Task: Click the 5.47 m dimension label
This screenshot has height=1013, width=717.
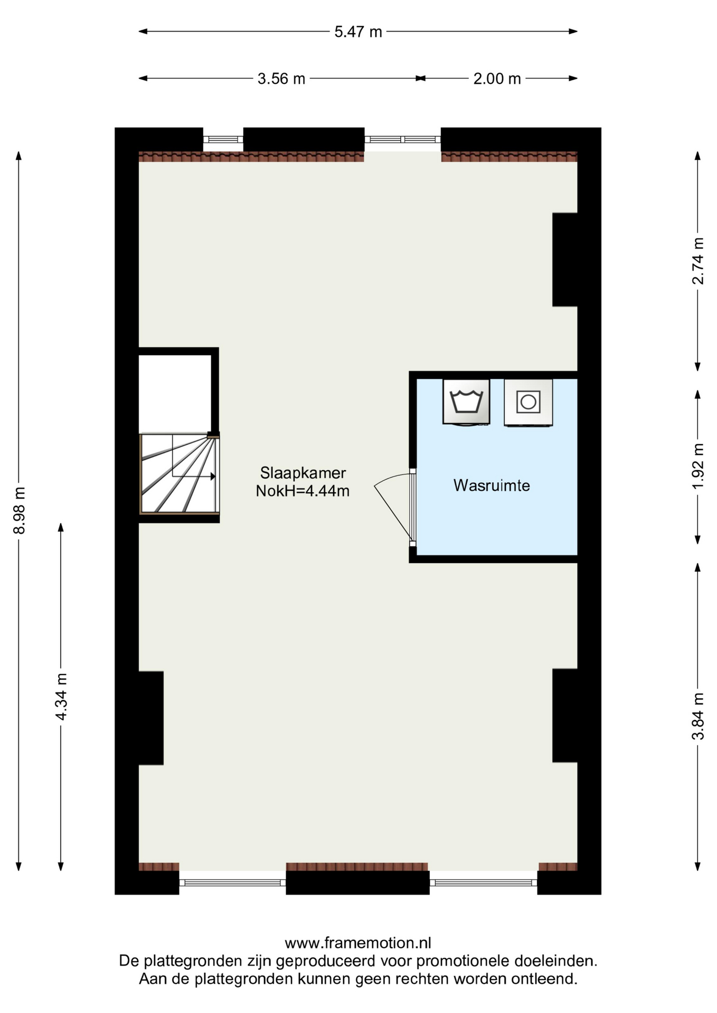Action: click(x=358, y=32)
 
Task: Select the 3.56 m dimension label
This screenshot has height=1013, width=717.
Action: click(x=281, y=79)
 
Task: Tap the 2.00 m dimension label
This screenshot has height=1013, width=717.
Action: click(x=497, y=79)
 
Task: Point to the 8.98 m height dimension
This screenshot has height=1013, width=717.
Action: click(x=19, y=511)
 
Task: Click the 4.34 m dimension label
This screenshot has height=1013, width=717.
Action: click(x=61, y=697)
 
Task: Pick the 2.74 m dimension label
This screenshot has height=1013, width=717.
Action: click(x=698, y=261)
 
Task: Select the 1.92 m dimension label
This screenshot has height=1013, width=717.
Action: click(x=698, y=466)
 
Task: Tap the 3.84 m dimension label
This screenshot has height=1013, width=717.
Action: click(x=698, y=716)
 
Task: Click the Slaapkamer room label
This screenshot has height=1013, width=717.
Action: click(x=303, y=472)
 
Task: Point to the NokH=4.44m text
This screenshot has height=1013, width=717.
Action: click(x=303, y=491)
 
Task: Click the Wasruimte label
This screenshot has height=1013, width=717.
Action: click(x=492, y=485)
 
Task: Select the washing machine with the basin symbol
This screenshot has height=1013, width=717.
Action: click(x=466, y=402)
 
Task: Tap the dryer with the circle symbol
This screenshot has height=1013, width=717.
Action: click(x=529, y=403)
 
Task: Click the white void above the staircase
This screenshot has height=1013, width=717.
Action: click(x=175, y=394)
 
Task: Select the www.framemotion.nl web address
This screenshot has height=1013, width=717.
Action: click(x=358, y=943)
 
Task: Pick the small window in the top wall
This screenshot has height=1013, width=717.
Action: click(x=223, y=139)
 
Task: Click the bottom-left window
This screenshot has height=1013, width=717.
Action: click(x=232, y=883)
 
